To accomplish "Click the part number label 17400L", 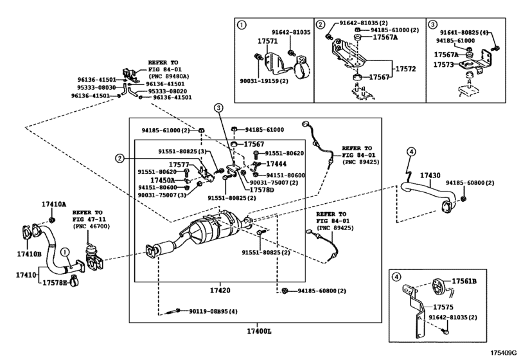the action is (259, 332).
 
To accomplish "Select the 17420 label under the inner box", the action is (220, 290).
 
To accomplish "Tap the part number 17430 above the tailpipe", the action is (430, 175).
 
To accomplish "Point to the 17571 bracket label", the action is (267, 41).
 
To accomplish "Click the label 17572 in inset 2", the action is (405, 69).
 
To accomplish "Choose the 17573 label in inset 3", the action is (443, 64).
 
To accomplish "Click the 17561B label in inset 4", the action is (464, 281).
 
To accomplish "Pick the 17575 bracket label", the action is (443, 307).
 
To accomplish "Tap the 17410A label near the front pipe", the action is (54, 204).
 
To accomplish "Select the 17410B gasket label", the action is (30, 255).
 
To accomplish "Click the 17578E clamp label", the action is (55, 283).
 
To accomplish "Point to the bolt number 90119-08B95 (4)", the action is (213, 312).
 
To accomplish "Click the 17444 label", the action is (276, 164).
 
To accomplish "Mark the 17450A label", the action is (163, 180).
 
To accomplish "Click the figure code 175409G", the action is (506, 352).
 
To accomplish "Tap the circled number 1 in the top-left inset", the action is (242, 24).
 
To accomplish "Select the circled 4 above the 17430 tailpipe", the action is (411, 152).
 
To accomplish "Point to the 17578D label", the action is (262, 190).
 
